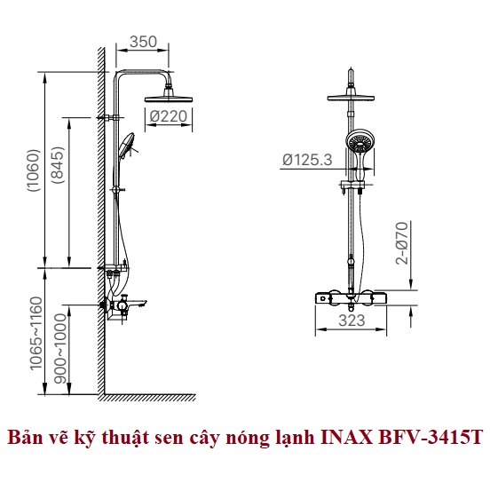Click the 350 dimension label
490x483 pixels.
click(143, 42)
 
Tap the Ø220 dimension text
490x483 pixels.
click(168, 116)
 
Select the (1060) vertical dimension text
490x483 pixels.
click(34, 170)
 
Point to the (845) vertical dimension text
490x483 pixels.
click(58, 165)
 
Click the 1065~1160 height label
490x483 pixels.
click(36, 333)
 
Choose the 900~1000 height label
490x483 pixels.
click(60, 349)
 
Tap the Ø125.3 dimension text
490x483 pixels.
click(307, 160)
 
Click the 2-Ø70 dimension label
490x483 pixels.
click(402, 243)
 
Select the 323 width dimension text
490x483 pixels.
click(352, 321)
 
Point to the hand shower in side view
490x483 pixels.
click(126, 146)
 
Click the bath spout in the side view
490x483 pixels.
click(135, 304)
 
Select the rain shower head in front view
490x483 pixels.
click(351, 98)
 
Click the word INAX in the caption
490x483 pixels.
click(346, 438)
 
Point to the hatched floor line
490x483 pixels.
click(146, 398)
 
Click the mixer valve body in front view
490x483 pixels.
click(351, 298)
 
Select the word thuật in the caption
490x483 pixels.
click(126, 438)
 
